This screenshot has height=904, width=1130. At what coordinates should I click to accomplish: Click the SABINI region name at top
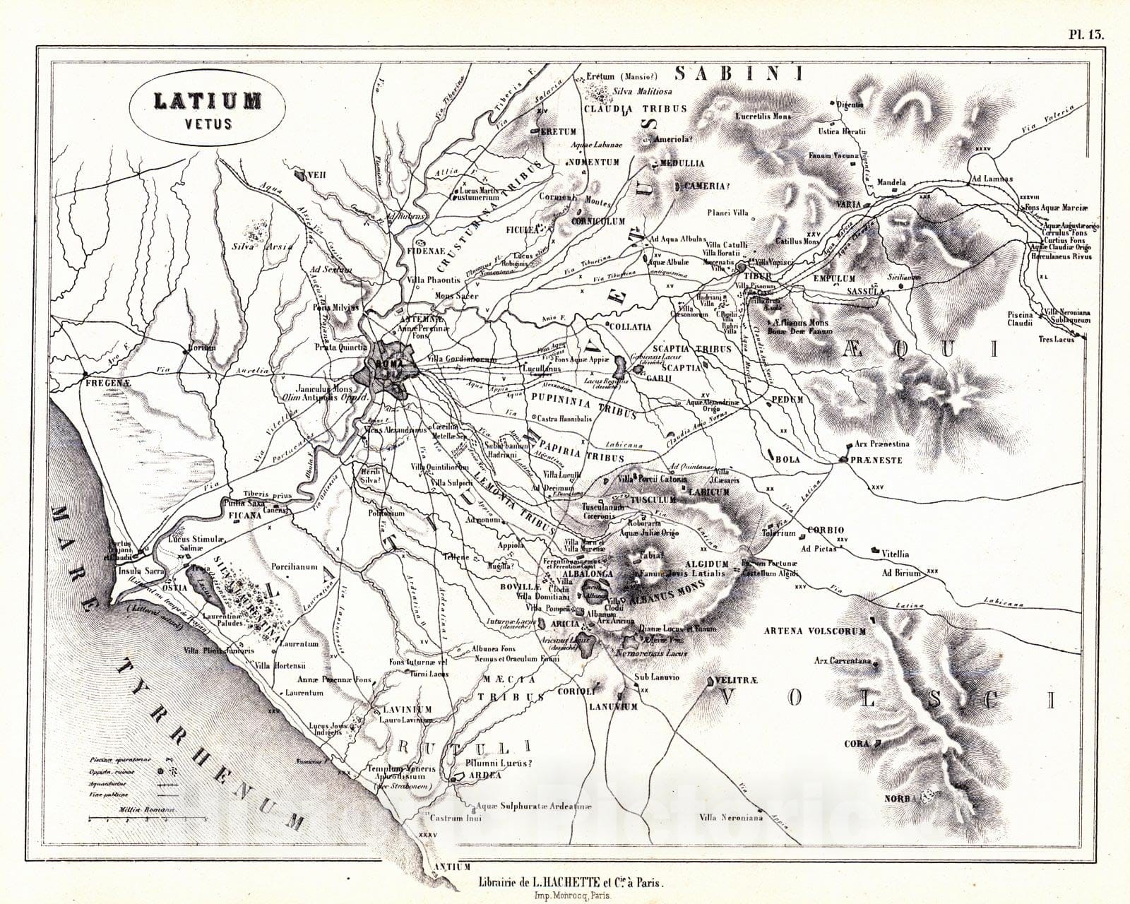(741, 73)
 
